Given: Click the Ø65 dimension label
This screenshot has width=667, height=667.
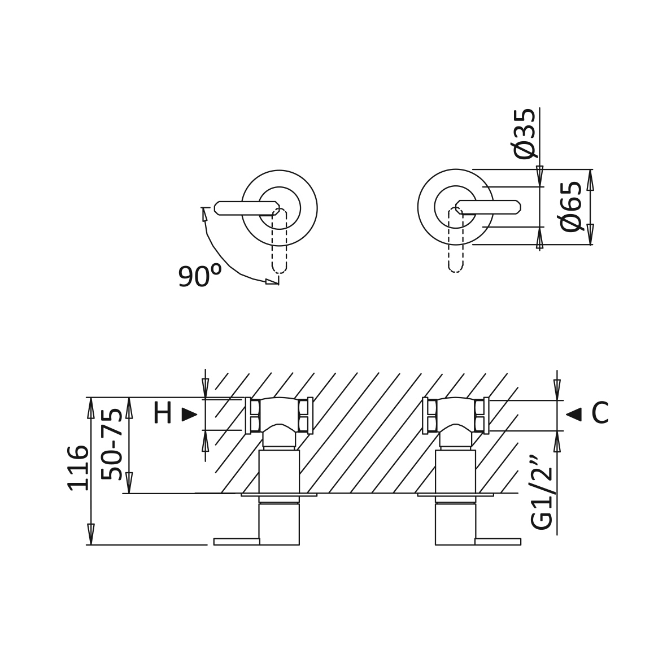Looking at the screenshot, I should [572, 206].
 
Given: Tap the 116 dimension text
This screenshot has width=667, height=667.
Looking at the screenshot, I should [78, 468].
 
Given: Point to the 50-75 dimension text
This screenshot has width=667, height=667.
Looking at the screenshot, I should [112, 444].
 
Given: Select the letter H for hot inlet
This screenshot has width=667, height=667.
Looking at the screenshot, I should [162, 414].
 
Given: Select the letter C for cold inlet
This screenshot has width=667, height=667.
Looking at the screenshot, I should [600, 414].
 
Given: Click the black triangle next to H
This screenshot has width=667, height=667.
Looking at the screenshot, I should [189, 415].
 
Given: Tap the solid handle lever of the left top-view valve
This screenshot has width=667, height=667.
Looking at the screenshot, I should [243, 208].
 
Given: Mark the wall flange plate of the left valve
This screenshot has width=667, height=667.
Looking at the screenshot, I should [278, 495].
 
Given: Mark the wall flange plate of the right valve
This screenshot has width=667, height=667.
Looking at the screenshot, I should [455, 495].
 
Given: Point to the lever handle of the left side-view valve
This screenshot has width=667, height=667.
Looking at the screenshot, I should [236, 542].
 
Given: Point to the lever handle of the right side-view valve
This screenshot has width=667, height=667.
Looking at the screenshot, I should [498, 542].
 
